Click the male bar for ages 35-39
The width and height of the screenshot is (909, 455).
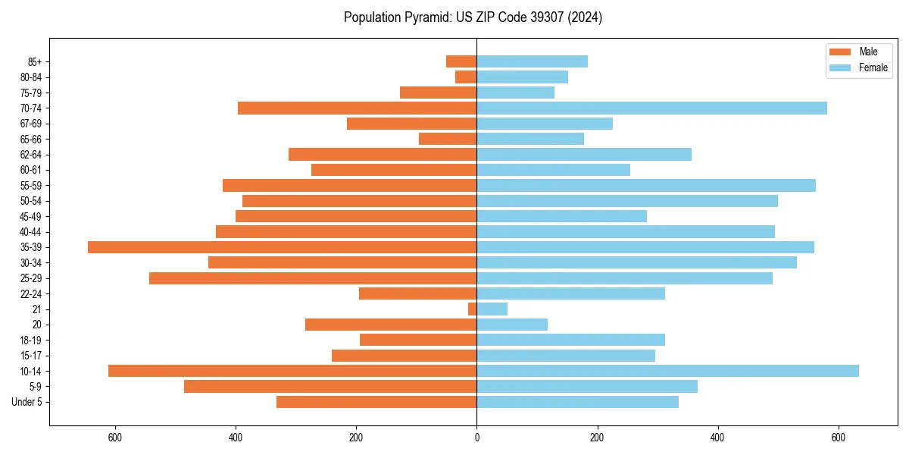coord(282,247)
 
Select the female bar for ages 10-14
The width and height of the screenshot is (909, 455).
coord(667,371)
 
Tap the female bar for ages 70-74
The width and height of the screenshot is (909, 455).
coord(651,108)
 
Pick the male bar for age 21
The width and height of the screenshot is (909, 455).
coord(472,309)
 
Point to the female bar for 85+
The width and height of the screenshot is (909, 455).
coord(532,61)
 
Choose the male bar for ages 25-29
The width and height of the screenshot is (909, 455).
coord(313,278)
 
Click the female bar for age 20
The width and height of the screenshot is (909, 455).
coord(512,325)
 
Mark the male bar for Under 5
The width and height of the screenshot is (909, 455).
coord(376,402)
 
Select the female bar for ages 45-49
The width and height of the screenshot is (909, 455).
coord(561,216)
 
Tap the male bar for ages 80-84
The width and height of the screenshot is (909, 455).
coord(466,77)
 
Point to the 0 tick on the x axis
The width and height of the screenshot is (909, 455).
coord(476,437)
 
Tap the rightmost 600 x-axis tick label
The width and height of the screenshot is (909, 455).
coord(838,437)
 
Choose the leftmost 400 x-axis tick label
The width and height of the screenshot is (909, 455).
coord(236,437)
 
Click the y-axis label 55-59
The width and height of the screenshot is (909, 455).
coord(31,186)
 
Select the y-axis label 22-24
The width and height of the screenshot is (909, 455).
coord(31,293)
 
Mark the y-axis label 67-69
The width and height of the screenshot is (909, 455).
coord(31,124)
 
